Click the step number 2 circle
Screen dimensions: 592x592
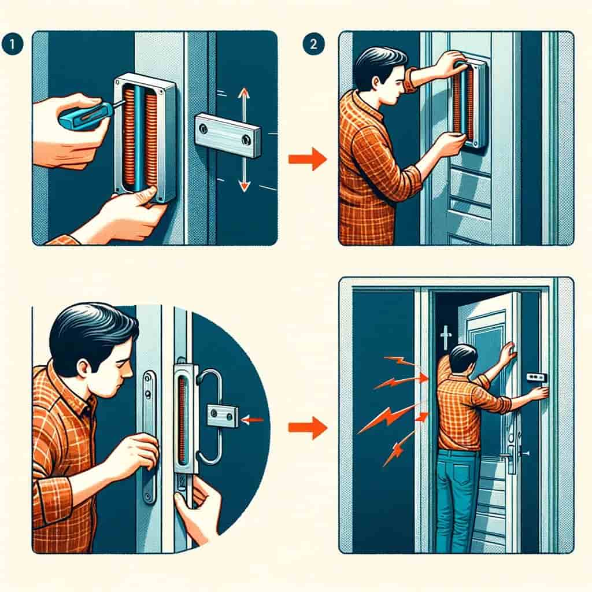coord(312,45)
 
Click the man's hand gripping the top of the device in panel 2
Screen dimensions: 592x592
coord(450,64)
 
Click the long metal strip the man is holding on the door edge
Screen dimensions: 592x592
coord(149,434)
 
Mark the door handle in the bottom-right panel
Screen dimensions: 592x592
coord(511,454)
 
